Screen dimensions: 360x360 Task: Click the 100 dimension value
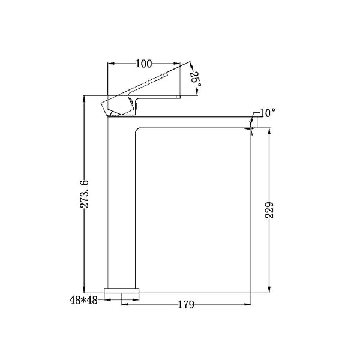pyautogui.click(x=144, y=64)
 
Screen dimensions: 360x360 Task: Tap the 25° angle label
pyautogui.click(x=197, y=79)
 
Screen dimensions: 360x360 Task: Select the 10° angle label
pyautogui.click(x=268, y=113)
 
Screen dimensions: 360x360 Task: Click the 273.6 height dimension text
pyautogui.click(x=84, y=194)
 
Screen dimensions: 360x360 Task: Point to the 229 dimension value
pyautogui.click(x=269, y=210)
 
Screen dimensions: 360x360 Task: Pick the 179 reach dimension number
pyautogui.click(x=186, y=305)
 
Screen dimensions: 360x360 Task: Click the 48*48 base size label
pyautogui.click(x=83, y=300)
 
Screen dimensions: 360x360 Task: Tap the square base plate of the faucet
pyautogui.click(x=121, y=290)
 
